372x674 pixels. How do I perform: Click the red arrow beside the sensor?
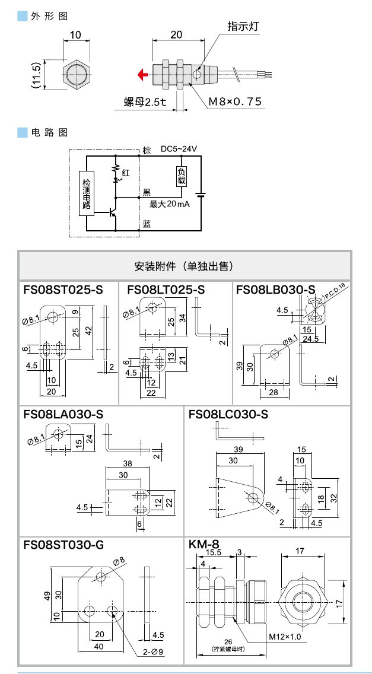click(x=142, y=75)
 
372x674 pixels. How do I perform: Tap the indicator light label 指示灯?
click(x=243, y=27)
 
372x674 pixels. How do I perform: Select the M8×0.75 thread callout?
click(x=234, y=101)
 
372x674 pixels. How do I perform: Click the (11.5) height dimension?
click(x=36, y=75)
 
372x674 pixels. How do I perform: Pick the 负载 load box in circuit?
click(x=182, y=177)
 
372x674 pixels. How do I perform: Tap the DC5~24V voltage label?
click(x=178, y=149)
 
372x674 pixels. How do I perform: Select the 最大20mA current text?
click(x=169, y=204)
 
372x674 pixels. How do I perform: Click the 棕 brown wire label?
click(x=147, y=150)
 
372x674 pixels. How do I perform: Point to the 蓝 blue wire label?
click(x=147, y=224)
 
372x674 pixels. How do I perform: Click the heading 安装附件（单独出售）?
click(x=185, y=265)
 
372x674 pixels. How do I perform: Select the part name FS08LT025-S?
click(x=166, y=290)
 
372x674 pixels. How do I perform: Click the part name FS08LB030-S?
click(x=275, y=290)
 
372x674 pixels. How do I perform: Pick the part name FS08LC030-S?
click(x=228, y=414)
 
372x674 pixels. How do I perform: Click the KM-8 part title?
click(x=204, y=544)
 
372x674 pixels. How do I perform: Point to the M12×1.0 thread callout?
click(x=285, y=637)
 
